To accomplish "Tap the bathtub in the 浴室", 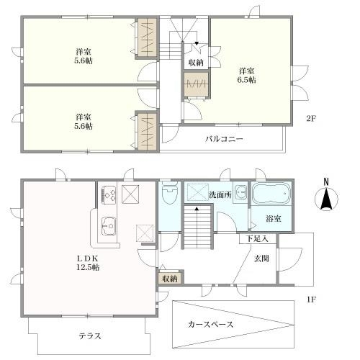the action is (x=271, y=194).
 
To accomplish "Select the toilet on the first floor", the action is (x=170, y=192).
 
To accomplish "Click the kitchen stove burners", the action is (x=109, y=194).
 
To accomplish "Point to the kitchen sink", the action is (x=109, y=226).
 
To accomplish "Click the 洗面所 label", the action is (x=220, y=195).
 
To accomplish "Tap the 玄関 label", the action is (x=261, y=258).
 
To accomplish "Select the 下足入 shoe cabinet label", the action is (x=257, y=239).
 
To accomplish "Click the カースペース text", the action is (x=210, y=325).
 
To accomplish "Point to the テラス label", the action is (x=90, y=336).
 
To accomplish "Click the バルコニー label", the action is (x=224, y=139).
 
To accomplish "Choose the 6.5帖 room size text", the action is (x=247, y=80).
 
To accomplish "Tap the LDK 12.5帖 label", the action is (x=88, y=263).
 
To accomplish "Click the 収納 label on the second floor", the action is (x=196, y=63).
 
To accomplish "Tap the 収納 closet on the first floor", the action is (x=170, y=278).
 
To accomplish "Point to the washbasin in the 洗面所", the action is (x=241, y=192).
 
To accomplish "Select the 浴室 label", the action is (x=274, y=219).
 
